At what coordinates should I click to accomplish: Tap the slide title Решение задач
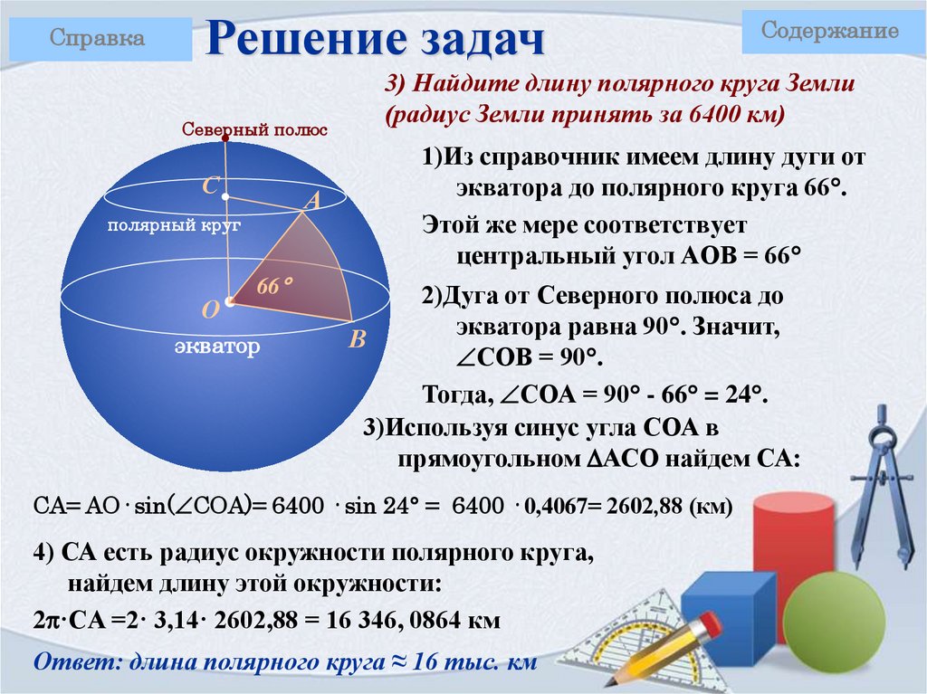pos(377,41)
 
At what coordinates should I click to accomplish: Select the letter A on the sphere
pos(313,202)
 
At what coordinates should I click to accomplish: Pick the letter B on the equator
pos(357,340)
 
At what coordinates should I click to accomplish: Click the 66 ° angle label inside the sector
pos(275,285)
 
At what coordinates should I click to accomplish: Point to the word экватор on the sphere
pos(217,347)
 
